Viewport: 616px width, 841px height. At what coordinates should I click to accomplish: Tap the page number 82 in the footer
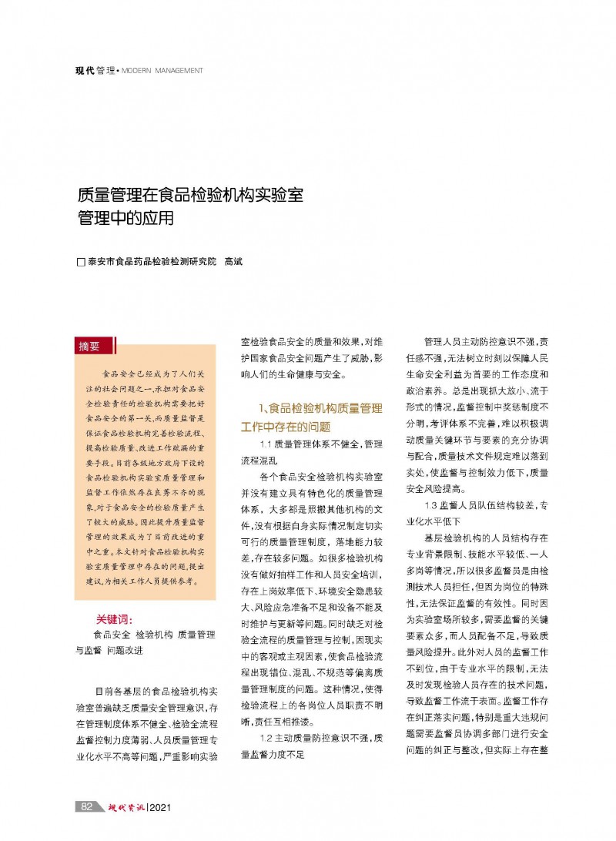(x=87, y=806)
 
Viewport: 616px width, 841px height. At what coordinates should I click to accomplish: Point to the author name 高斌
(x=233, y=262)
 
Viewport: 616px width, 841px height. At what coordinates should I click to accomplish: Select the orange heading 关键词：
(x=115, y=619)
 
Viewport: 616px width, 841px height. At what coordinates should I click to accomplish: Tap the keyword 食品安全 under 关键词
(x=111, y=635)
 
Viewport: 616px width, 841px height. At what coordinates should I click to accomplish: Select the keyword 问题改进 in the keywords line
(x=124, y=650)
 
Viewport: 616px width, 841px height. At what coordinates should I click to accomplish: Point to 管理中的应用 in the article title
(x=126, y=218)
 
